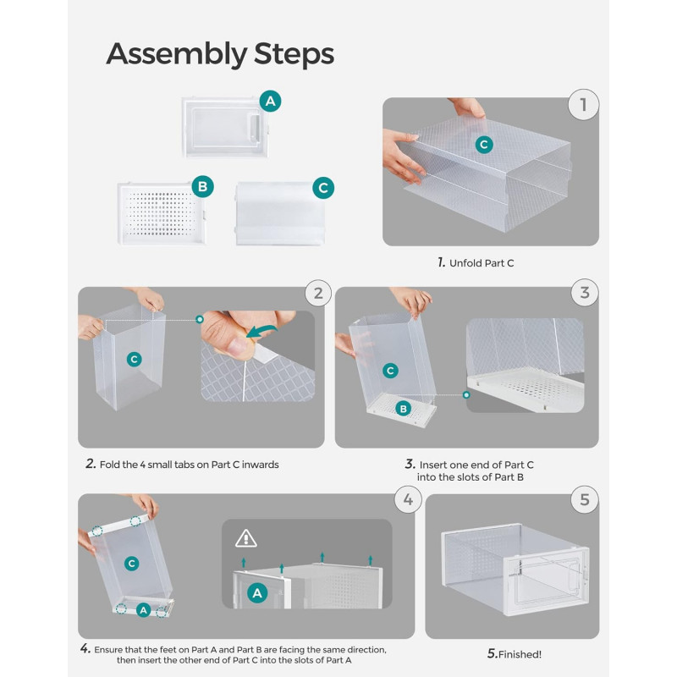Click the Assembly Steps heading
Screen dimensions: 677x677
220,54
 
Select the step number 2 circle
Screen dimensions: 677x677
317,294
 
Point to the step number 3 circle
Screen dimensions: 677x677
585,294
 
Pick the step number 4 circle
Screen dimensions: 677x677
408,500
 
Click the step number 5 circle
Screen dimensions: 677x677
585,500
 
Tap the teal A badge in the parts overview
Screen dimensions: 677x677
270,101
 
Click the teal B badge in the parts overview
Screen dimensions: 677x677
202,186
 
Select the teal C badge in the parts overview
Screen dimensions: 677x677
323,188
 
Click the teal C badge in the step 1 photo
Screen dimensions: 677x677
484,145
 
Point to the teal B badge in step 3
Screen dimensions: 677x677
404,409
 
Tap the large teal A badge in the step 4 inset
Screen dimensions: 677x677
257,594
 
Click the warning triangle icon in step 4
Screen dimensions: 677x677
245,537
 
